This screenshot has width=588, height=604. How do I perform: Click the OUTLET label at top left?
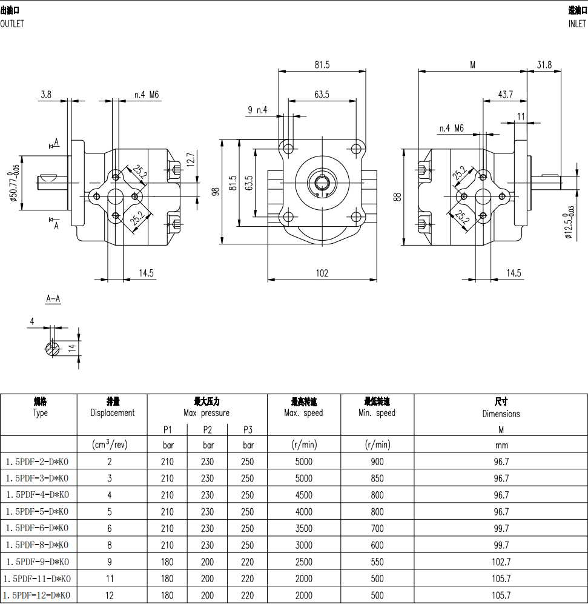[x=12, y=24]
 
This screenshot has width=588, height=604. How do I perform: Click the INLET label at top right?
[x=577, y=24]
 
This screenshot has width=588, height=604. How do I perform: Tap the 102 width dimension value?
[x=322, y=273]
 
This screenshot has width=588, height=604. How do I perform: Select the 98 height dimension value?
[x=215, y=192]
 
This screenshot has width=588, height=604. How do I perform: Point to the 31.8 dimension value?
[x=544, y=65]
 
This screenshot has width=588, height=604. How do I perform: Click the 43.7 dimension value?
[x=504, y=94]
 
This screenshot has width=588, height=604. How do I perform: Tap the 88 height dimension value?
[x=398, y=198]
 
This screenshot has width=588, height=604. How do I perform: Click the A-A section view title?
[x=53, y=299]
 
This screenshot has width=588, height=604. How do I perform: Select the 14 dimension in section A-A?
[x=72, y=348]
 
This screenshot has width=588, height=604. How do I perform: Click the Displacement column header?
[x=113, y=412]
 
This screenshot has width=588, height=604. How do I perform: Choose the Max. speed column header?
[x=303, y=412]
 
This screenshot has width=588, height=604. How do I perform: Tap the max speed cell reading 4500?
[x=303, y=495]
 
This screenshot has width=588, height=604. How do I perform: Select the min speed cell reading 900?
[x=377, y=461]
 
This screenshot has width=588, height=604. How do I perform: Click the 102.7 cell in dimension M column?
[x=501, y=562]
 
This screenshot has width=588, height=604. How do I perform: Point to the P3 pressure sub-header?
[x=247, y=430]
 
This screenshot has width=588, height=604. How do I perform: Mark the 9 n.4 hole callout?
[x=257, y=110]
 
